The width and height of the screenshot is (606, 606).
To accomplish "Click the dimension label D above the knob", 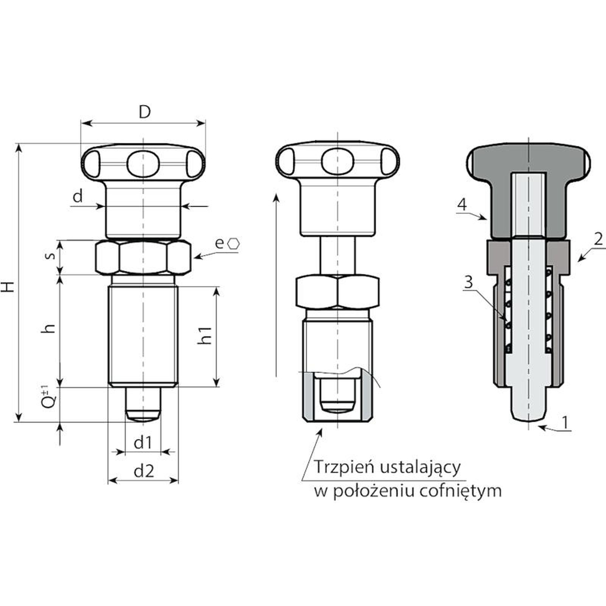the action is tap(144, 112).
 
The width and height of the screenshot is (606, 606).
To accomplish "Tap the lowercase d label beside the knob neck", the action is tap(78, 197).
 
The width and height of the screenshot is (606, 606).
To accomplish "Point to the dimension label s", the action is tap(50, 256).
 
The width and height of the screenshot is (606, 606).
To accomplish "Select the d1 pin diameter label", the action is tap(143, 442).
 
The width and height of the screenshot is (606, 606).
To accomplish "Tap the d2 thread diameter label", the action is tap(144, 471).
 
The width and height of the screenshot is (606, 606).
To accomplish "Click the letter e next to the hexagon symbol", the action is tap(219, 244).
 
